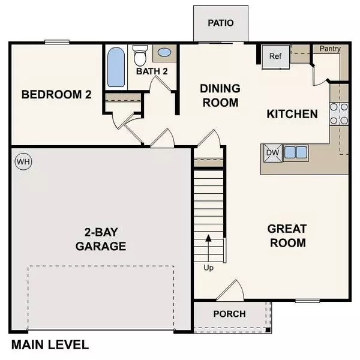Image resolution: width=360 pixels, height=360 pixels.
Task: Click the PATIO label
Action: click(x=220, y=23)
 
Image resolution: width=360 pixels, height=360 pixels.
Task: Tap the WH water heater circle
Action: click(x=22, y=161)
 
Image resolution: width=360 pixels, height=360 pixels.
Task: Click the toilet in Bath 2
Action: click(x=140, y=56)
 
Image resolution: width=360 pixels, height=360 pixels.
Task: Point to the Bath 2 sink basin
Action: click(x=163, y=53)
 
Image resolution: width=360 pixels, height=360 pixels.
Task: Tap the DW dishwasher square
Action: click(x=272, y=152)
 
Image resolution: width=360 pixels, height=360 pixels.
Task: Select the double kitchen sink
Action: click(x=295, y=152)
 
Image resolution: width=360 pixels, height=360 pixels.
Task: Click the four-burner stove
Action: click(x=339, y=113)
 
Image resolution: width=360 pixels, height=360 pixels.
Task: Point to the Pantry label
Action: click(x=329, y=49)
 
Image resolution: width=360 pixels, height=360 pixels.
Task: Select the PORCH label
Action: click(x=229, y=314)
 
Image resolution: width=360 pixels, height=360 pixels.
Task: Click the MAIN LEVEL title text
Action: click(x=50, y=345)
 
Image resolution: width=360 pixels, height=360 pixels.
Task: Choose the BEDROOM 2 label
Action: click(x=56, y=94)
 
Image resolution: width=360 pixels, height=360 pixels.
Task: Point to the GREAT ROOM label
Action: click(x=287, y=236)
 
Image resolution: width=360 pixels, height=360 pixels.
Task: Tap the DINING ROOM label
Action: click(x=220, y=95)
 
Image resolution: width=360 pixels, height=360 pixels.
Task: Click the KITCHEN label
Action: click(x=292, y=113)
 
